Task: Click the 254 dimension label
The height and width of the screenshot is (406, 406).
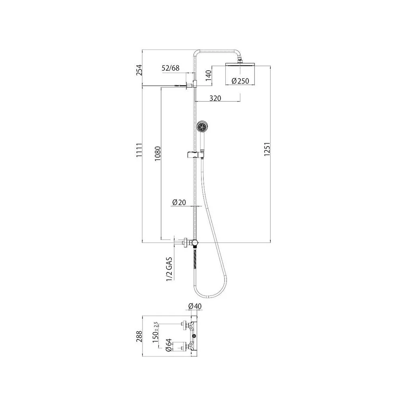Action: pos(139,70)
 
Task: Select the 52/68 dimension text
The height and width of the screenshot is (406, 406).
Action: pos(171,68)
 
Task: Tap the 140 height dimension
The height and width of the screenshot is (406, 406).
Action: pos(209,76)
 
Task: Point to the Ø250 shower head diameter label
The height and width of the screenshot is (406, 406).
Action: pos(240,81)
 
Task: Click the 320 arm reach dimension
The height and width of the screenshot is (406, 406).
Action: pos(215,98)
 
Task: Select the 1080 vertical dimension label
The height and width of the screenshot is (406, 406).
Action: pos(158,153)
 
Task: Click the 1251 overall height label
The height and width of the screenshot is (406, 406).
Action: pos(267,149)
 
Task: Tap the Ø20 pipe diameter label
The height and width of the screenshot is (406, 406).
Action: pos(179,202)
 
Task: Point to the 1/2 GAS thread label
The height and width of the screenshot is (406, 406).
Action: pos(169,269)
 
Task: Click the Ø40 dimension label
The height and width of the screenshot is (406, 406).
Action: pos(195,306)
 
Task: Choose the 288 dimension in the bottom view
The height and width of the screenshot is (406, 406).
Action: pos(139,336)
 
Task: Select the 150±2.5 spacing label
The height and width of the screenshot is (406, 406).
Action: pos(155,333)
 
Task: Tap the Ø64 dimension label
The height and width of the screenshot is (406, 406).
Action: pos(168,346)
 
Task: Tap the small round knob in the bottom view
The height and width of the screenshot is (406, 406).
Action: pos(194,336)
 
